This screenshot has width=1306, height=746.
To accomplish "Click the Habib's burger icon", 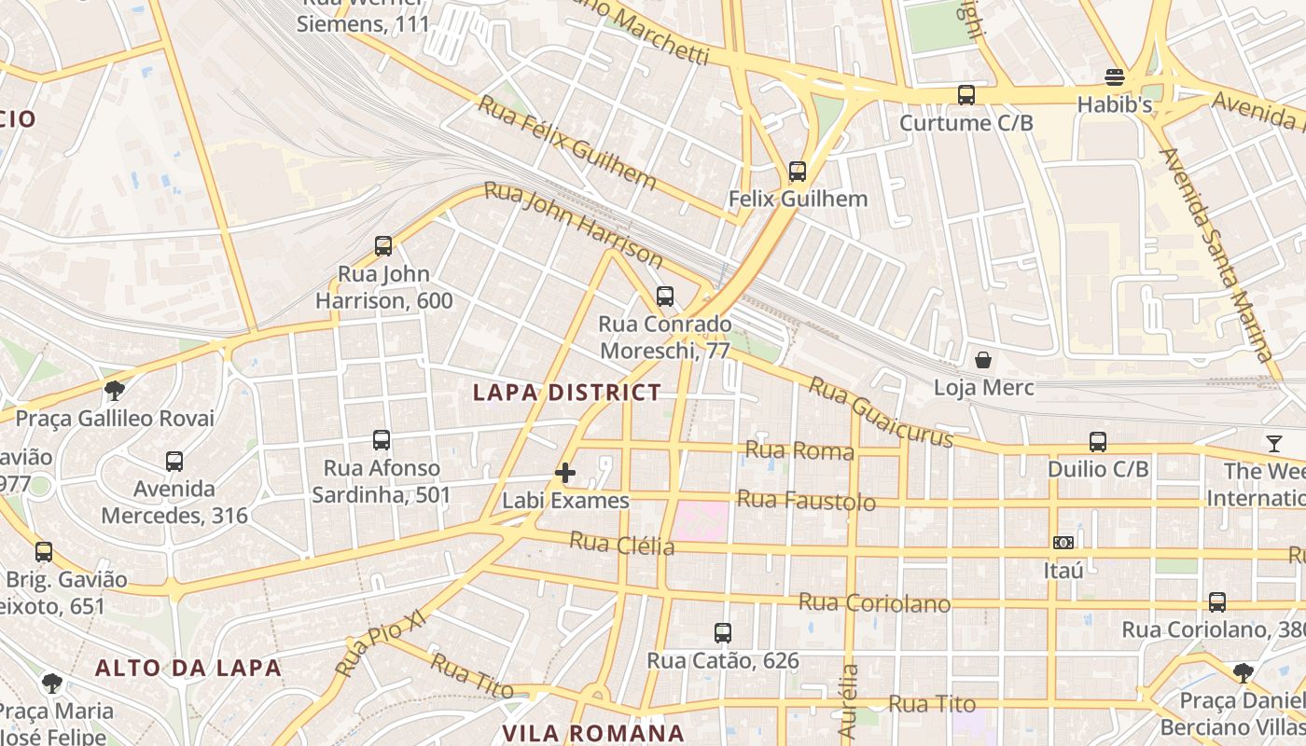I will [x=1115, y=76].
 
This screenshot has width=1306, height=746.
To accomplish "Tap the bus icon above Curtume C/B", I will [x=966, y=94].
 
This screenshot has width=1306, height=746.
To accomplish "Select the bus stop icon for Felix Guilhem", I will [x=798, y=171].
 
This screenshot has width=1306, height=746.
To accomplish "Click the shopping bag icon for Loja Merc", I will [x=983, y=359].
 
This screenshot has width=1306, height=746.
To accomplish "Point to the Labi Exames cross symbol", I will [x=565, y=473].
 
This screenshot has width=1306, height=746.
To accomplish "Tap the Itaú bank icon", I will [x=1063, y=542].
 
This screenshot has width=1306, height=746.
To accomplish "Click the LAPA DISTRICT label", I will [x=567, y=393].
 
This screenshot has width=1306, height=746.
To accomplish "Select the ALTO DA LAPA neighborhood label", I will [x=188, y=668].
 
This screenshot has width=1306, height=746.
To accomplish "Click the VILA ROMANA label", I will [x=594, y=733].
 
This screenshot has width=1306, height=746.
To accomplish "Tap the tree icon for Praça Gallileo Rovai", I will [x=115, y=390].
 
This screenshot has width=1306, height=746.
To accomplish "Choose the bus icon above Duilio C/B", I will [x=1098, y=441].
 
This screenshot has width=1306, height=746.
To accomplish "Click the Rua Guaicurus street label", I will [x=881, y=412].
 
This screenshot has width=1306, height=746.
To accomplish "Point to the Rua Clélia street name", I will [x=621, y=543].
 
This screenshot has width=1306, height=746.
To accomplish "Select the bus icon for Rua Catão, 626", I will [x=723, y=633].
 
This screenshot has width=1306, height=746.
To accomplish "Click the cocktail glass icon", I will [x=1274, y=443].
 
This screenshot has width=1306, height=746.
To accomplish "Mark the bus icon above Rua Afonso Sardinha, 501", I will [x=382, y=439].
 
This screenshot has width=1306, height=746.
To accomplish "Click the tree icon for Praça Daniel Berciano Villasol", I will [x=1243, y=672].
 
